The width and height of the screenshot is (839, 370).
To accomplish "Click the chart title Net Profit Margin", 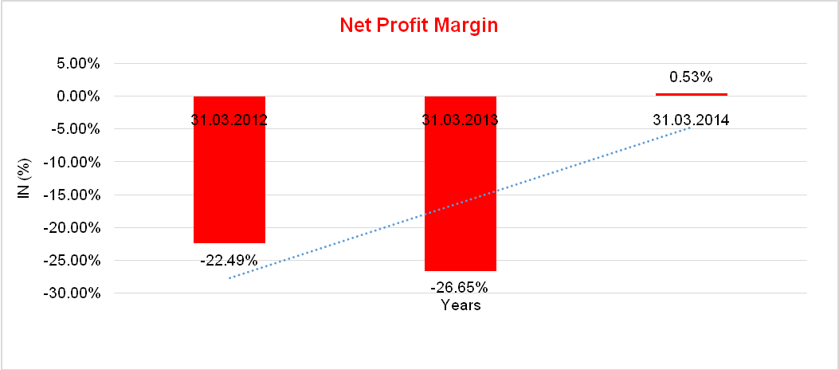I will pyautogui.click(x=418, y=26).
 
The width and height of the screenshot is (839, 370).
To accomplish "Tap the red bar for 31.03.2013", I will pyautogui.click(x=461, y=199).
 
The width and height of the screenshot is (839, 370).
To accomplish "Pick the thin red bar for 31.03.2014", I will pyautogui.click(x=692, y=94).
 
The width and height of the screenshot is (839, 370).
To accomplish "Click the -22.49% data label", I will pyautogui.click(x=229, y=260).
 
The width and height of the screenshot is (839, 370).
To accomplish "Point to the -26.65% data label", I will pyautogui.click(x=459, y=287).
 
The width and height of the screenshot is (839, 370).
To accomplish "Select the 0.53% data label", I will pyautogui.click(x=691, y=77).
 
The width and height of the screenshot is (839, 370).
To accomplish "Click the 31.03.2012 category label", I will pyautogui.click(x=229, y=120).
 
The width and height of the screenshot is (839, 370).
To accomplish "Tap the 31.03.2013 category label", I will pyautogui.click(x=461, y=120).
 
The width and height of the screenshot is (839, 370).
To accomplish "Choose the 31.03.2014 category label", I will pyautogui.click(x=692, y=120).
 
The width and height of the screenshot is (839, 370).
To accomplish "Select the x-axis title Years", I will pyautogui.click(x=461, y=305).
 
